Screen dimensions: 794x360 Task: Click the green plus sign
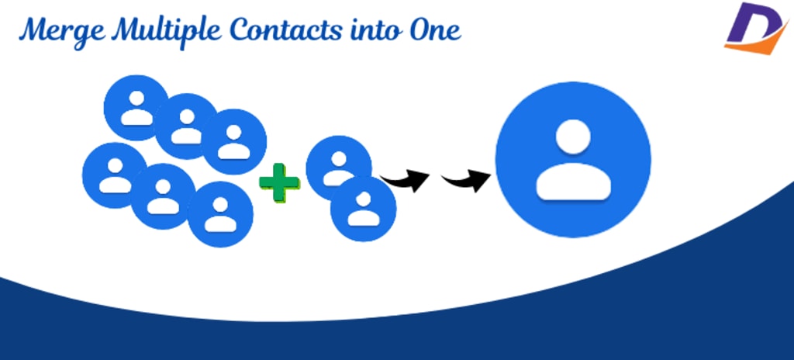(278, 186)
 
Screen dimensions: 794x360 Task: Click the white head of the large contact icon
(573, 137)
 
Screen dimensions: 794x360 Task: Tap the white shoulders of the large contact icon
(573, 183)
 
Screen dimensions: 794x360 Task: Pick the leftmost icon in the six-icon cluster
(115, 175)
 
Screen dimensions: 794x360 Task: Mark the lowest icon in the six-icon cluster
(220, 213)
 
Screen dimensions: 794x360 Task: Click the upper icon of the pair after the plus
(337, 164)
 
